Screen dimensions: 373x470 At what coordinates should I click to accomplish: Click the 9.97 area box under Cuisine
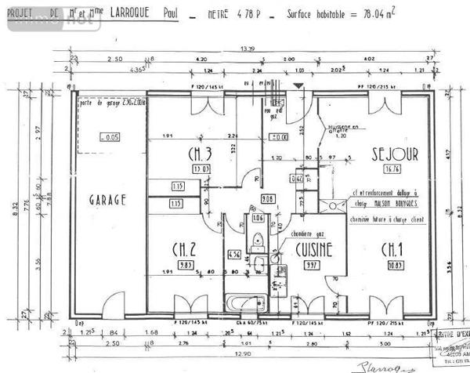click(x=312, y=265)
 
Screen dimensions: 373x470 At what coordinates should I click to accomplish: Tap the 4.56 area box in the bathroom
click(x=233, y=254)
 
